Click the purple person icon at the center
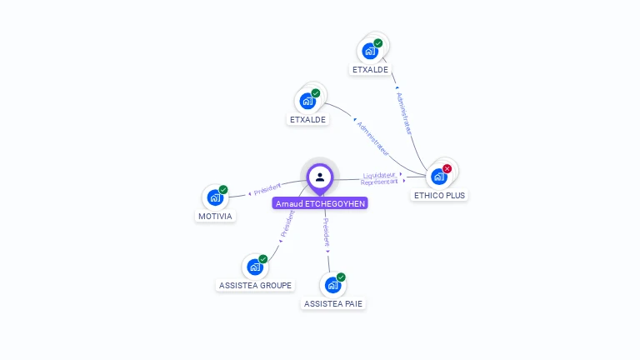[320, 177]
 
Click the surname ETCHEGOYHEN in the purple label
[336, 203]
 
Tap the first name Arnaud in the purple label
[288, 203]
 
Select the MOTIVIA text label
[215, 217]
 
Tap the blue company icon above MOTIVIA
[215, 198]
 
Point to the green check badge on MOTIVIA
[223, 190]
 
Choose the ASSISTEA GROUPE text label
[255, 285]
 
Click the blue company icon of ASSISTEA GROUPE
[255, 267]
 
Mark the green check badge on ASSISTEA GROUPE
[263, 259]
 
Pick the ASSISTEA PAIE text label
[333, 303]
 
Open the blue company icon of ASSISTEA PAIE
[332, 286]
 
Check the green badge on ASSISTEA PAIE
[341, 277]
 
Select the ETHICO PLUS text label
[440, 195]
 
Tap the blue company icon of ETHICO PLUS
[439, 177]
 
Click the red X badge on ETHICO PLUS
[447, 168]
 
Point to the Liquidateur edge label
[379, 175]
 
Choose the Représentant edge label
[379, 181]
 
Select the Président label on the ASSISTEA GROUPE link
[288, 224]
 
